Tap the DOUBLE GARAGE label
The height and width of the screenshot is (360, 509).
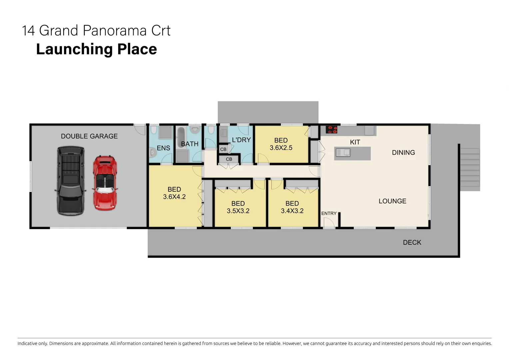89,136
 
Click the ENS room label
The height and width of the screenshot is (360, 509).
163,148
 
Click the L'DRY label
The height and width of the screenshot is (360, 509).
241,140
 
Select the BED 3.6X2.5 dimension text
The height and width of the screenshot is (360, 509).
281,148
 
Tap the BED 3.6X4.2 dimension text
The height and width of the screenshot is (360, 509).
174,197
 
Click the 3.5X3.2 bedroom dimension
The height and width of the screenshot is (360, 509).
238,211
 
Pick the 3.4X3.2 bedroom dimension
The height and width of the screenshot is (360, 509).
292,211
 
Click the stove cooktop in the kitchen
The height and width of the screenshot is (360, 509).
331,129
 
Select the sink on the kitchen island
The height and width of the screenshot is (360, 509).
343,153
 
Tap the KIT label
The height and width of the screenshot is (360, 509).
355,142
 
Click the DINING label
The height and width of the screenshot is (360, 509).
403,153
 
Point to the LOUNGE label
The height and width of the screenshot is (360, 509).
392,201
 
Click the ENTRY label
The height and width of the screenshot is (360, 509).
329,213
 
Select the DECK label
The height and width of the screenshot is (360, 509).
412,242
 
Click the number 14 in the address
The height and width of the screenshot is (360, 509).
28,31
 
